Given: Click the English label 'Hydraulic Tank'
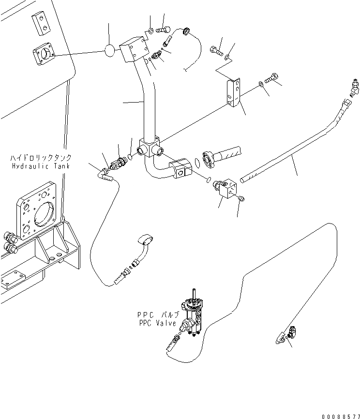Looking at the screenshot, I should coord(41,166).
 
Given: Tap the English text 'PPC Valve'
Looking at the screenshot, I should coord(157,323).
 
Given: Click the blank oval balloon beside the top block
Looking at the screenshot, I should coord(110,51).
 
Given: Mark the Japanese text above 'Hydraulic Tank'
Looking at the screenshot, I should coord(41,158).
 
